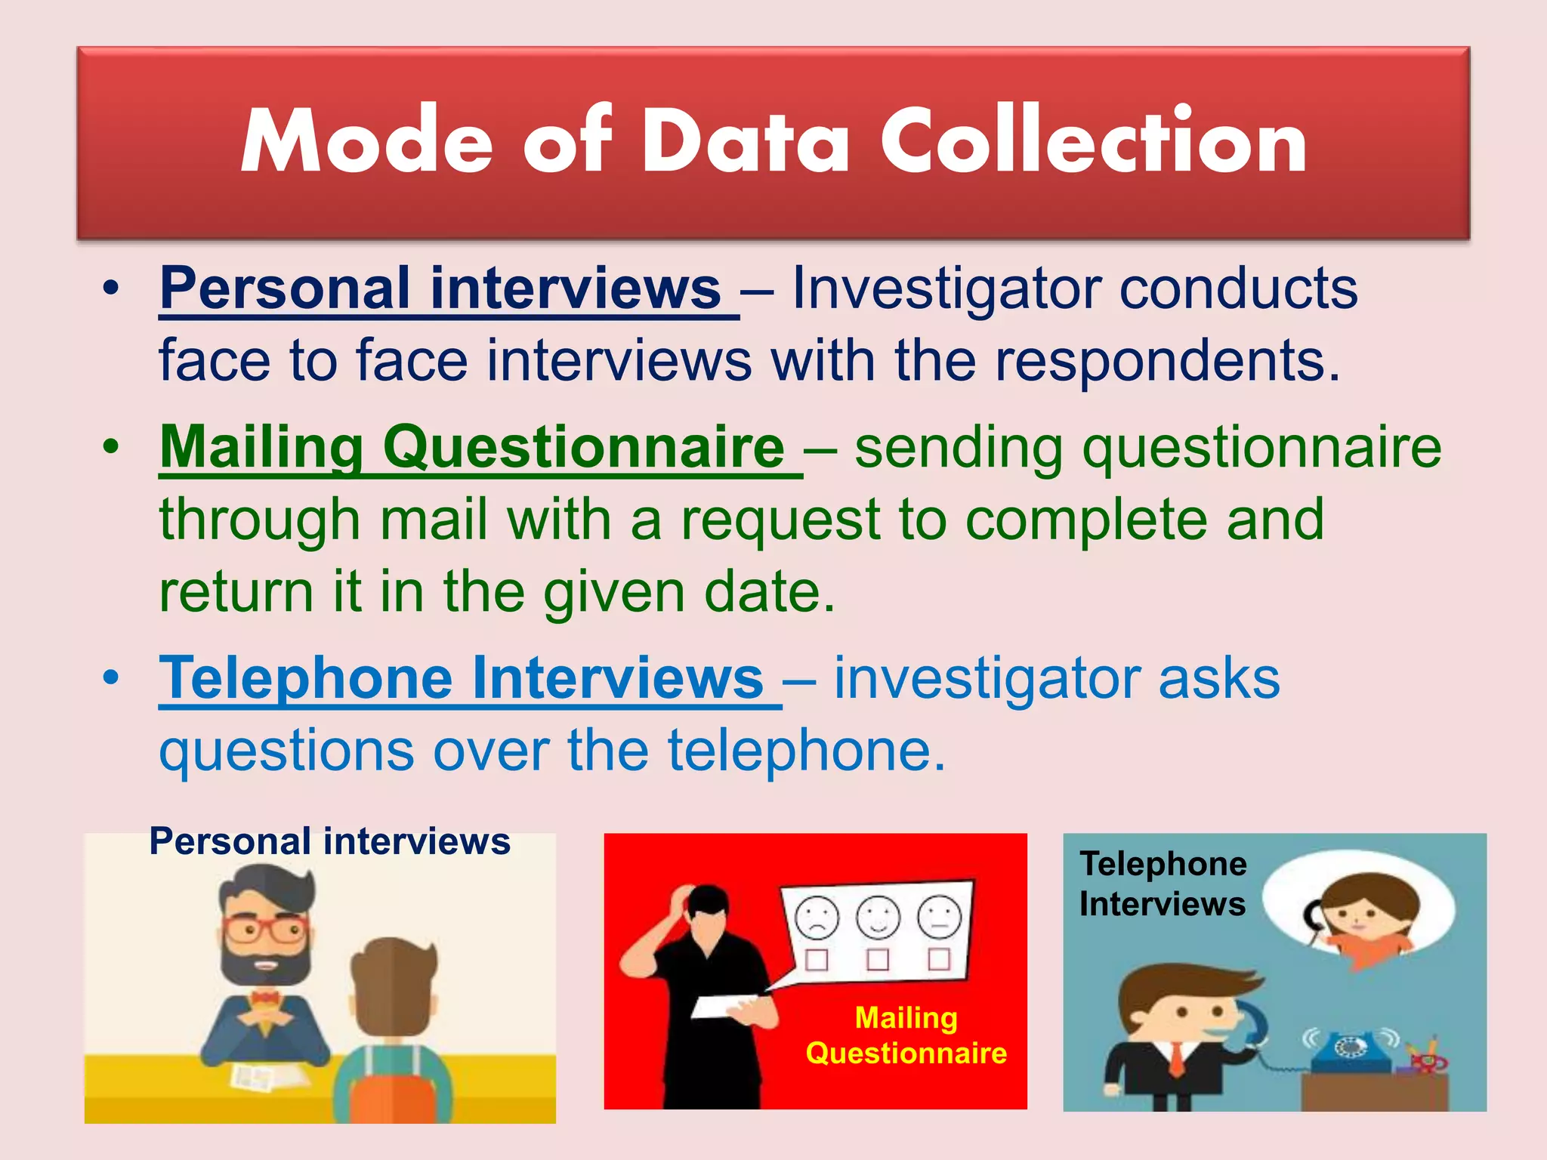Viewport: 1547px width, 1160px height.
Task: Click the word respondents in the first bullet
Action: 1167,360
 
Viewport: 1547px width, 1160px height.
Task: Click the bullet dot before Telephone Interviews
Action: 111,678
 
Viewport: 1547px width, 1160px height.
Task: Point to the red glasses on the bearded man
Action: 263,928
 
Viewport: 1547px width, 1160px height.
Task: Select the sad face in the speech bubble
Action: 817,917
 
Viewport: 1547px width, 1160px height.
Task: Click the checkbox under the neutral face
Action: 939,959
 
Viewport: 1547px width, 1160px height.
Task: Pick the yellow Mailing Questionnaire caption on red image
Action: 906,1035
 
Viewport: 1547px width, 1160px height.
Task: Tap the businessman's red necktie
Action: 1177,1058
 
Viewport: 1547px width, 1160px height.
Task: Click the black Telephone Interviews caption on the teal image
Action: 1163,884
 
